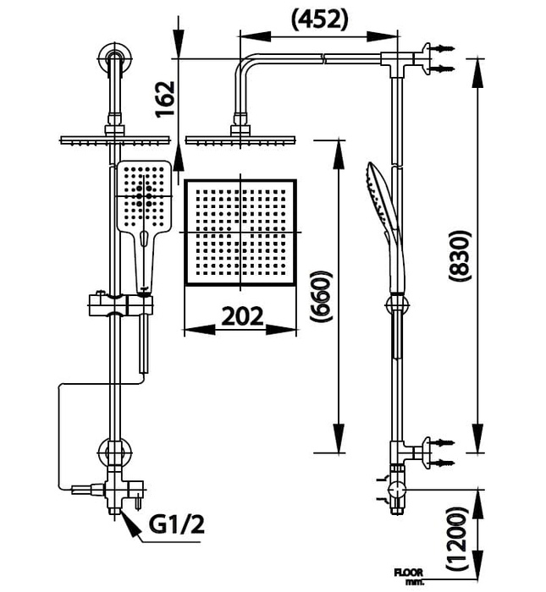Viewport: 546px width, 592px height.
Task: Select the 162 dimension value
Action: (166, 98)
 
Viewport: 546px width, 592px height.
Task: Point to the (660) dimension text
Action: (318, 297)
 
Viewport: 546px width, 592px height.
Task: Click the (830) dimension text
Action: (458, 255)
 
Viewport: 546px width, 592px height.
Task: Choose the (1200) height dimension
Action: (458, 535)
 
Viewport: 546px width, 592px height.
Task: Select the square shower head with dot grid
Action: (241, 233)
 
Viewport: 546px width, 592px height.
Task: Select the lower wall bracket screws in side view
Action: (439, 452)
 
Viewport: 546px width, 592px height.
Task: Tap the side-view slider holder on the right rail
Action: (394, 304)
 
